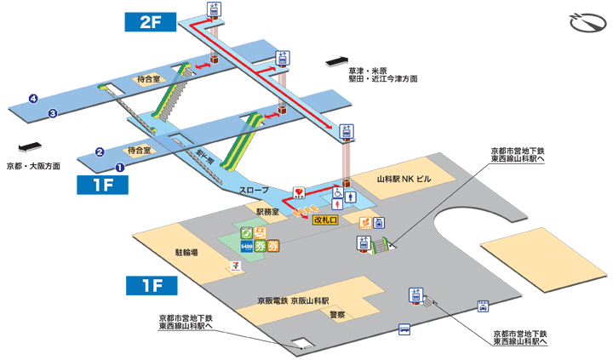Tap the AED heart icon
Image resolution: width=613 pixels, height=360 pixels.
(x=299, y=192)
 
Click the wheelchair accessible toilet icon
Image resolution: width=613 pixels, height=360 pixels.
(x=338, y=192)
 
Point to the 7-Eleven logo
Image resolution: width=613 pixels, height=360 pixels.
(x=233, y=265)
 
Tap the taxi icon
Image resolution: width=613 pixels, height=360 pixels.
(x=484, y=304)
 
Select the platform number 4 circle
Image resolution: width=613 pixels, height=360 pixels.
(x=33, y=99)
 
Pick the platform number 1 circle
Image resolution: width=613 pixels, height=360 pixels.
(x=120, y=168)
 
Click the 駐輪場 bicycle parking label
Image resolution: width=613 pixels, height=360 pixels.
(x=186, y=253)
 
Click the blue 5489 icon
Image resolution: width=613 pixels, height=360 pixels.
(x=246, y=247)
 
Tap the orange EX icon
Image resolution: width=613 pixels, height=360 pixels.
(x=262, y=231)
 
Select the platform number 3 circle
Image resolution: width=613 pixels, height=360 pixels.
(x=53, y=113)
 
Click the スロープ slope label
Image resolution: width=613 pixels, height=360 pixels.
(x=254, y=189)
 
